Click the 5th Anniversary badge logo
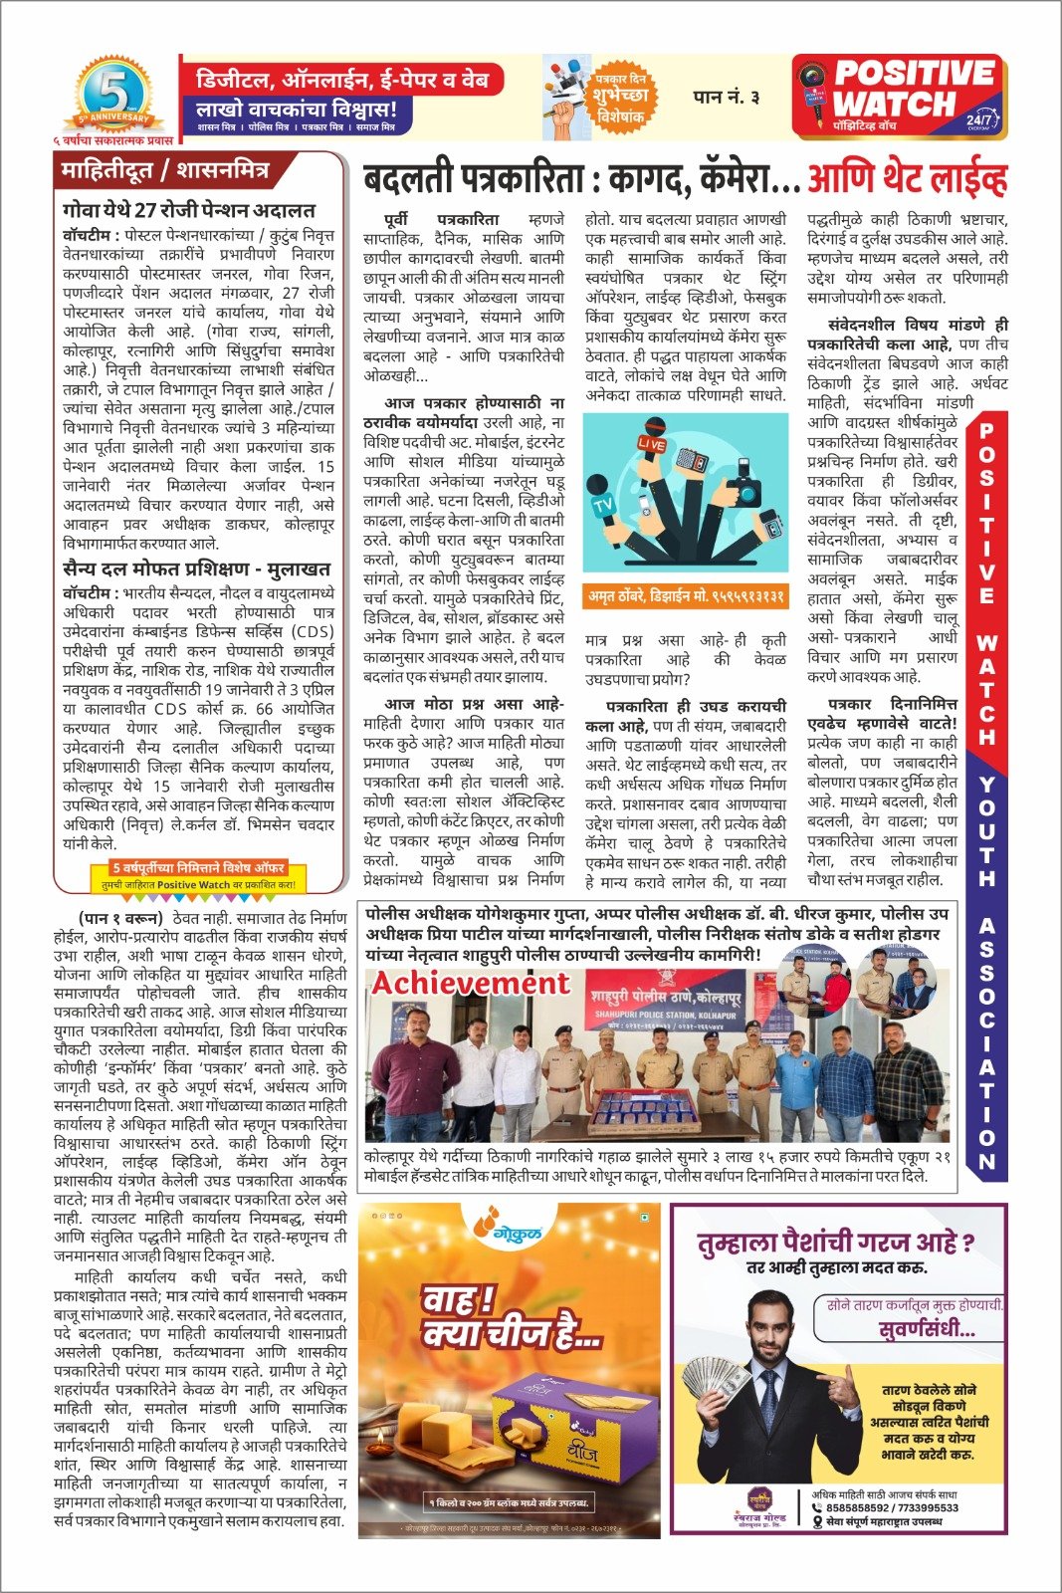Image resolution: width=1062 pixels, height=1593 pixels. (111, 98)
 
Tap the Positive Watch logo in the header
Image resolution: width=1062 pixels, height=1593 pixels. (899, 98)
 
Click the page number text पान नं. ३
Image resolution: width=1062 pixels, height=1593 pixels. (726, 97)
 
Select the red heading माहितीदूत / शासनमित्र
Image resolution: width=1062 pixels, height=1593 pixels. (165, 170)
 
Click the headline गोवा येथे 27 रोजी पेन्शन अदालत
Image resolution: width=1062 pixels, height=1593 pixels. (188, 211)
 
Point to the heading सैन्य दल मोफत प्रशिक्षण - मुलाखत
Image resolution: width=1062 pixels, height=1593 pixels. (196, 569)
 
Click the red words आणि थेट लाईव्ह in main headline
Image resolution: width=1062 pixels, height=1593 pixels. (907, 179)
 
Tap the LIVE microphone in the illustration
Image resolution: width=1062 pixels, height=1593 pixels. (653, 445)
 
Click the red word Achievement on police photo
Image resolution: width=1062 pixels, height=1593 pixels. (471, 983)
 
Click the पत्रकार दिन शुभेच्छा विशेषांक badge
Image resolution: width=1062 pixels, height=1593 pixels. (621, 98)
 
